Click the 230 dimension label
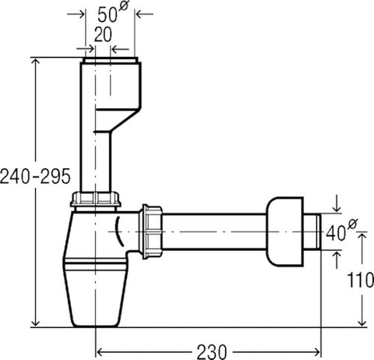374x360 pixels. tap(212, 352)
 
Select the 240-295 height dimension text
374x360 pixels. tap(35, 176)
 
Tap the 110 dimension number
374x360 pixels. tap(361, 280)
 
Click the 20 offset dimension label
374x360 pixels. tap(103, 34)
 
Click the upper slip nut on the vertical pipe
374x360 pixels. tap(96, 199)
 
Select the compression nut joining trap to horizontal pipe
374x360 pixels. tap(151, 231)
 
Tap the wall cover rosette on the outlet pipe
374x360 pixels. tap(285, 231)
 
